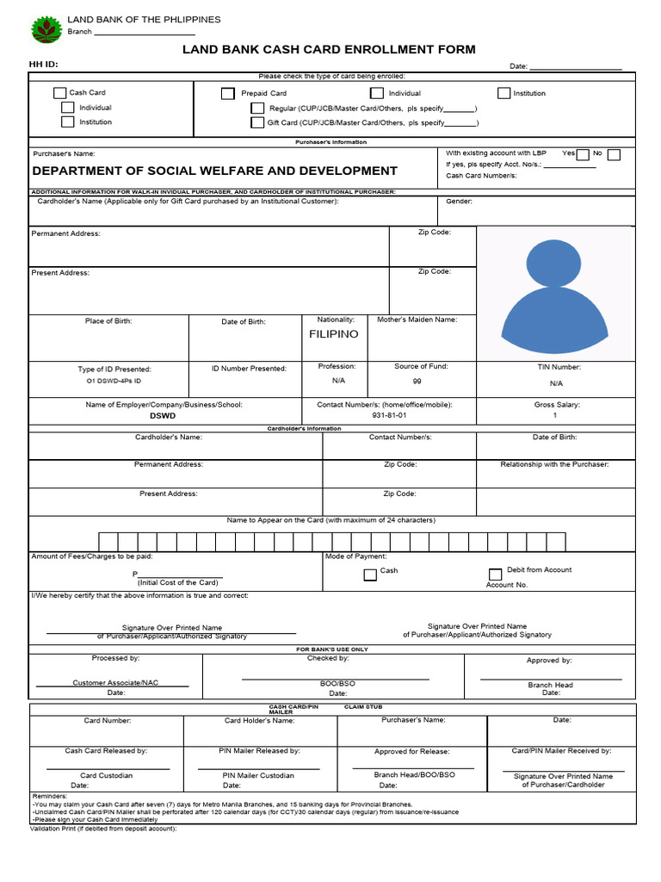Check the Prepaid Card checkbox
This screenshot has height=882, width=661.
tap(227, 93)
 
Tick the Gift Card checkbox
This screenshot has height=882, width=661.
tap(257, 122)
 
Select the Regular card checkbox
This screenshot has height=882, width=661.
tap(257, 109)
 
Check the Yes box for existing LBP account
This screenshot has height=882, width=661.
tap(583, 155)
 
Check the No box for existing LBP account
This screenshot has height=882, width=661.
tap(614, 155)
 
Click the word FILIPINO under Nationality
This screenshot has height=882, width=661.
tap(334, 334)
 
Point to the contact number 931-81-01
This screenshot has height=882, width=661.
tap(389, 415)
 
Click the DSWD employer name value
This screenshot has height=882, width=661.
tap(163, 415)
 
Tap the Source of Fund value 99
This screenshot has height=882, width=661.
tap(417, 381)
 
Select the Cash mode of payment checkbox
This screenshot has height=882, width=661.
tap(370, 575)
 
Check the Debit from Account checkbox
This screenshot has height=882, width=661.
tap(495, 575)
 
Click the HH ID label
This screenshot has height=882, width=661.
tap(44, 65)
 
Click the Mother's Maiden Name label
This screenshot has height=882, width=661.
tap(417, 320)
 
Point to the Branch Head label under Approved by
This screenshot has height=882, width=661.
tap(550, 685)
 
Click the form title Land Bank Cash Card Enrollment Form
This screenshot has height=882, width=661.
tap(329, 50)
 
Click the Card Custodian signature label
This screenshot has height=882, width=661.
tap(107, 775)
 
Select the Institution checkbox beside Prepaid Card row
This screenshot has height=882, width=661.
tap(504, 93)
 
